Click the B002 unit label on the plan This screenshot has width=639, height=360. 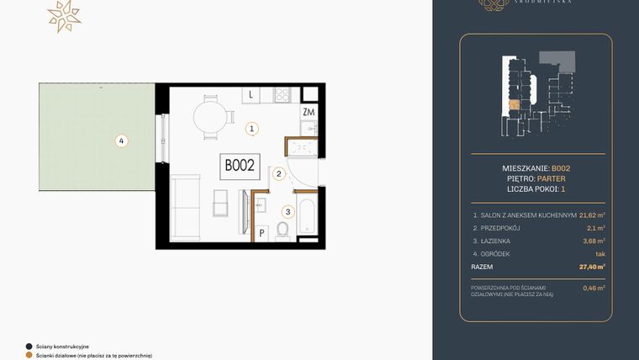240,166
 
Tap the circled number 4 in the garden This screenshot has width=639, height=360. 122,141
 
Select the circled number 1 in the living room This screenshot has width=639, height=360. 251,129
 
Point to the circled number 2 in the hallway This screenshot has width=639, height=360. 277,175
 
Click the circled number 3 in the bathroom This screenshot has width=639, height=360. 288,212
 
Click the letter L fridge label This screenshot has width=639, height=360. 251,96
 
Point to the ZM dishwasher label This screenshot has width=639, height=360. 308,113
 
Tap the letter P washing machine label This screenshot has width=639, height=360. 261,233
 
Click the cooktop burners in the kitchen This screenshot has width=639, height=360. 283,95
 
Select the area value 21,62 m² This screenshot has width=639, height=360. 592,214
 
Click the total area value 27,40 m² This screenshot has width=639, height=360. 592,267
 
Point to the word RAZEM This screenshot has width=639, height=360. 483,267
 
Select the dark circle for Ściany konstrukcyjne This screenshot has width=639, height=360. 29,346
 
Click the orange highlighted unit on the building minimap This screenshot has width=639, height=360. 513,106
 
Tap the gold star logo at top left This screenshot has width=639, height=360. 63,16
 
